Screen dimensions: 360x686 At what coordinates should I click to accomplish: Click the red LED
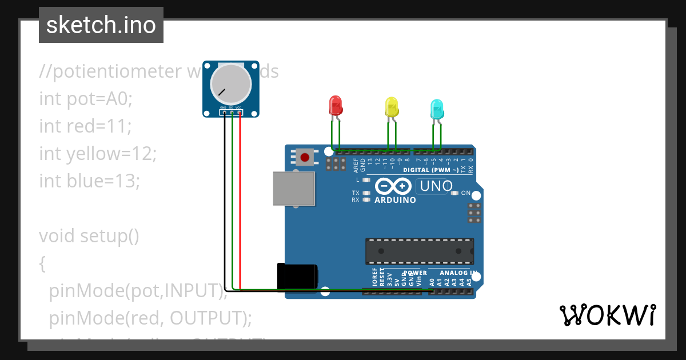(x=336, y=105)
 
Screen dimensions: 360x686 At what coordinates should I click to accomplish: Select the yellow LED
(x=392, y=107)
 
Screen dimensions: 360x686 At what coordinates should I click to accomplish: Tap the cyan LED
(x=436, y=109)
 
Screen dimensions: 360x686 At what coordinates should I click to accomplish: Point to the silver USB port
(x=294, y=189)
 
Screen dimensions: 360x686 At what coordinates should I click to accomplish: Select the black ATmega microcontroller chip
(x=420, y=251)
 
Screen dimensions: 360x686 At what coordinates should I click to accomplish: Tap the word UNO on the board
(x=436, y=186)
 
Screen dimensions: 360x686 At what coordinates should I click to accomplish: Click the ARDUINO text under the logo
(x=395, y=201)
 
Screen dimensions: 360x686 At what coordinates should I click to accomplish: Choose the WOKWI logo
(x=607, y=315)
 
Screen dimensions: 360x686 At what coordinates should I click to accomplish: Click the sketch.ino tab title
(x=101, y=25)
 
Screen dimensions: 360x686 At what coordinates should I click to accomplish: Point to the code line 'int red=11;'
(x=85, y=126)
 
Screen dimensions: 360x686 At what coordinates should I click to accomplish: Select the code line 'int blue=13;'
(x=89, y=181)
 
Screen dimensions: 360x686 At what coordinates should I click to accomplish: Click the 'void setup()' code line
(x=89, y=235)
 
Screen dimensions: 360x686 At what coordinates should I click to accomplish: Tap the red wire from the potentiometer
(x=240, y=200)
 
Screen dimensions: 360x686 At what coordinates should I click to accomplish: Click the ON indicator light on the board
(x=455, y=193)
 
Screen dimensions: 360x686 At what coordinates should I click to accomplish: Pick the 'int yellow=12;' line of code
(x=98, y=153)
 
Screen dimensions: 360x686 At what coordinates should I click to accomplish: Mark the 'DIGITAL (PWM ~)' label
(x=430, y=170)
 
